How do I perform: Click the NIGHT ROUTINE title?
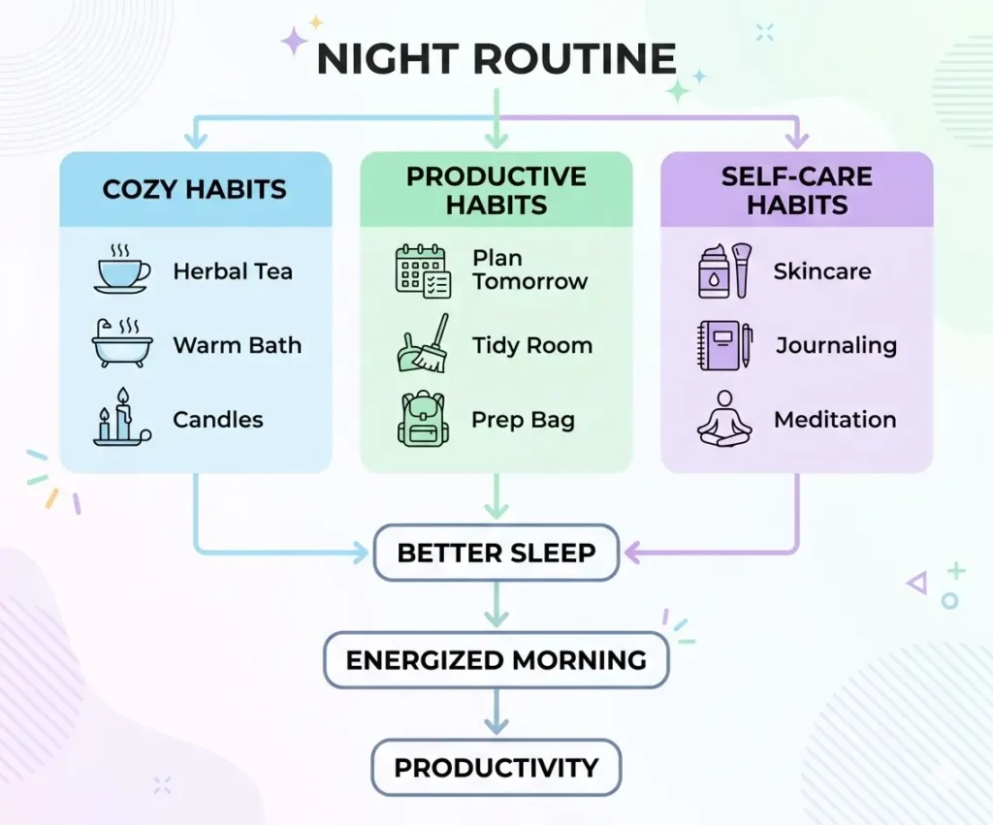(496, 59)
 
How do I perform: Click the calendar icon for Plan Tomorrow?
(423, 270)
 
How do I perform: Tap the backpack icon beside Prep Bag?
(422, 419)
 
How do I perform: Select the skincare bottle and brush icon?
(724, 270)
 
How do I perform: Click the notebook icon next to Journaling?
(724, 345)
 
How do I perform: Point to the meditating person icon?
(724, 419)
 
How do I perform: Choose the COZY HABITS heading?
(195, 189)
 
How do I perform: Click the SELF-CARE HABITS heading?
(797, 190)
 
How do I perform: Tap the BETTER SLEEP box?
(496, 554)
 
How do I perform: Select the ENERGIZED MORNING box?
(496, 660)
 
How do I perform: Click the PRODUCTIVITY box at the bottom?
(496, 768)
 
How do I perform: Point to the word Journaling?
(836, 345)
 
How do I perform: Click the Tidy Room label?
(531, 345)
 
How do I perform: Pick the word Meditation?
(834, 420)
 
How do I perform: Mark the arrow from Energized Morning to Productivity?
(496, 714)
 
